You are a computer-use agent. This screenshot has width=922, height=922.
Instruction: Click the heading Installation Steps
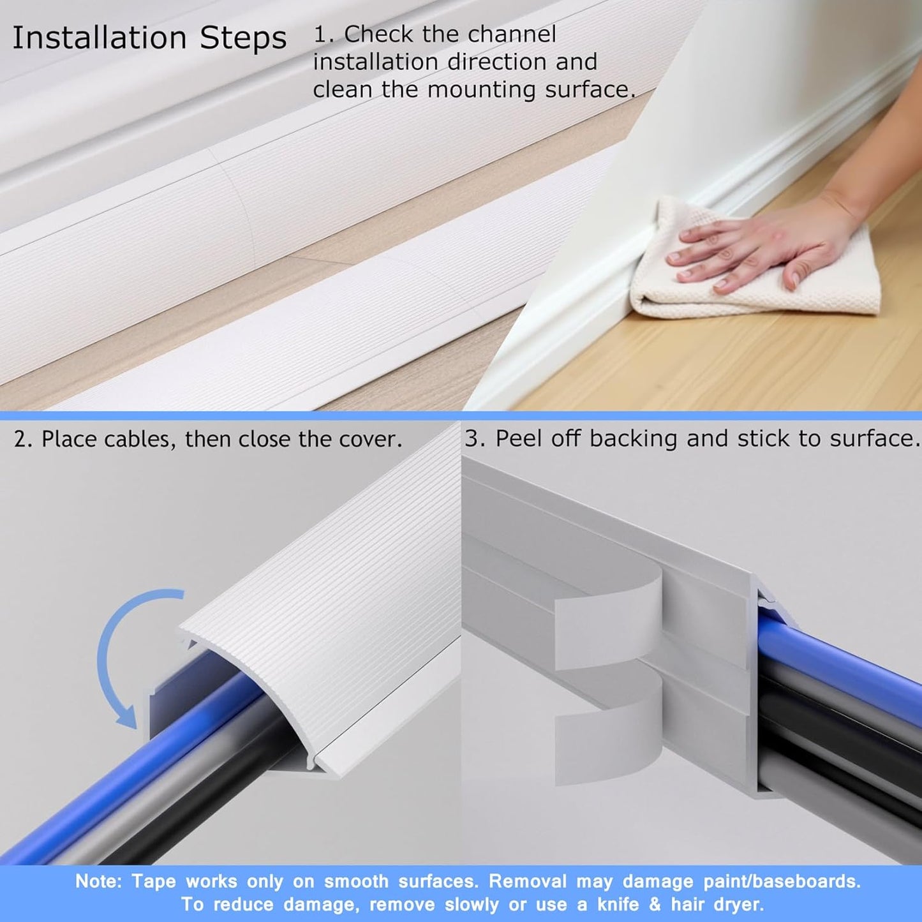(x=149, y=38)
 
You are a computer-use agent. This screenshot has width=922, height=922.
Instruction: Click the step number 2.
(x=22, y=440)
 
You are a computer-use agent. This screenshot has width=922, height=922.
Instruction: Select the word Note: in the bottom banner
(x=98, y=881)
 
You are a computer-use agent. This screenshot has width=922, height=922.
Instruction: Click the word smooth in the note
(x=356, y=881)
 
